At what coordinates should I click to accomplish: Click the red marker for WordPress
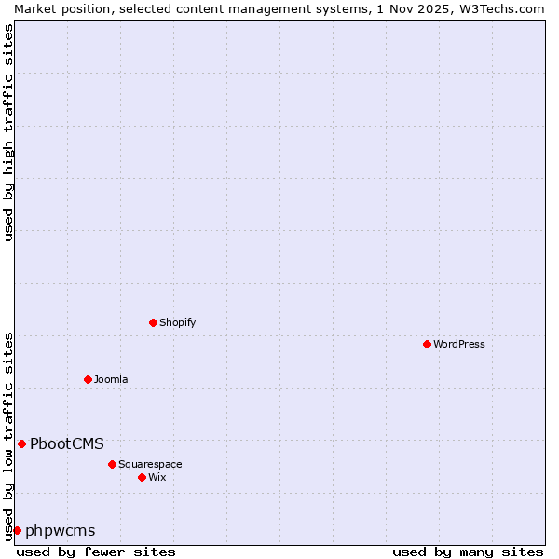coord(427,344)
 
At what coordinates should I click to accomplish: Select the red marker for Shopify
coord(153,322)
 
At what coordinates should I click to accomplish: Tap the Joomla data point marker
coord(88,379)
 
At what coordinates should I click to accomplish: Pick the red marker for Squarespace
coord(112,464)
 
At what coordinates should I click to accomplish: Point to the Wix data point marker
coord(142,477)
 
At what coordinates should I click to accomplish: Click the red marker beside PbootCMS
coord(21,443)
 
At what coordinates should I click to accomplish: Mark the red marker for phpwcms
coord(17,530)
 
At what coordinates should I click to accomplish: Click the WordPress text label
coord(459,344)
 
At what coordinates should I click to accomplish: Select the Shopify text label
coord(177,322)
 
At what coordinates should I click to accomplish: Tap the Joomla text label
coord(111,379)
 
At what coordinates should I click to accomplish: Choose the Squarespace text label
coord(150,464)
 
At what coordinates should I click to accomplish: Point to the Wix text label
coord(157,477)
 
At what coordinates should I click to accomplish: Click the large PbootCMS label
coord(67,443)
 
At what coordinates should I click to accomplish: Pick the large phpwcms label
coord(61,530)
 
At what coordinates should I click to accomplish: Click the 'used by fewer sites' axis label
coord(96,552)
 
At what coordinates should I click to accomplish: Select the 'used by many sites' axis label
coord(468,552)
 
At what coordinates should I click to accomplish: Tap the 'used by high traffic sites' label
coord(8,132)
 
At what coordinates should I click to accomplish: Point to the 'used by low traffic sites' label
coord(8,435)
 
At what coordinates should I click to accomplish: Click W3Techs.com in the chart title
coord(501,8)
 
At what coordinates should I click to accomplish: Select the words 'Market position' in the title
coord(57,8)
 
